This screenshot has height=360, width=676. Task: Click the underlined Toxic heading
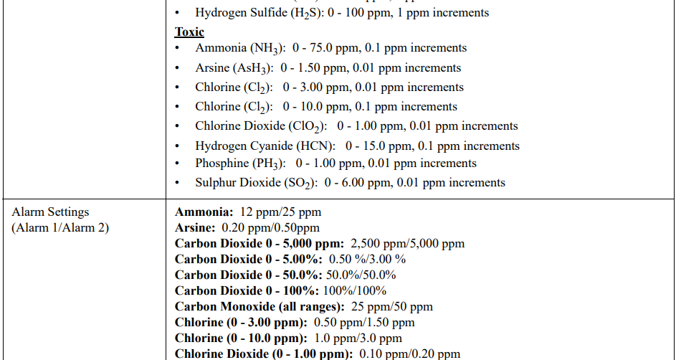(189, 32)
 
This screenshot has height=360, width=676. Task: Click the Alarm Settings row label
(50, 212)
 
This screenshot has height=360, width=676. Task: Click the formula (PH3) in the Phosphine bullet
(270, 164)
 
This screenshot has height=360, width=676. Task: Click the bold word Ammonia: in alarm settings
(204, 212)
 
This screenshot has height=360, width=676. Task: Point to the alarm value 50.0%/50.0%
(361, 275)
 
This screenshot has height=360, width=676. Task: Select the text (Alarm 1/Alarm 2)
(60, 228)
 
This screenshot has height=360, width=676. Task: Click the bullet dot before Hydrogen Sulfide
(178, 13)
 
